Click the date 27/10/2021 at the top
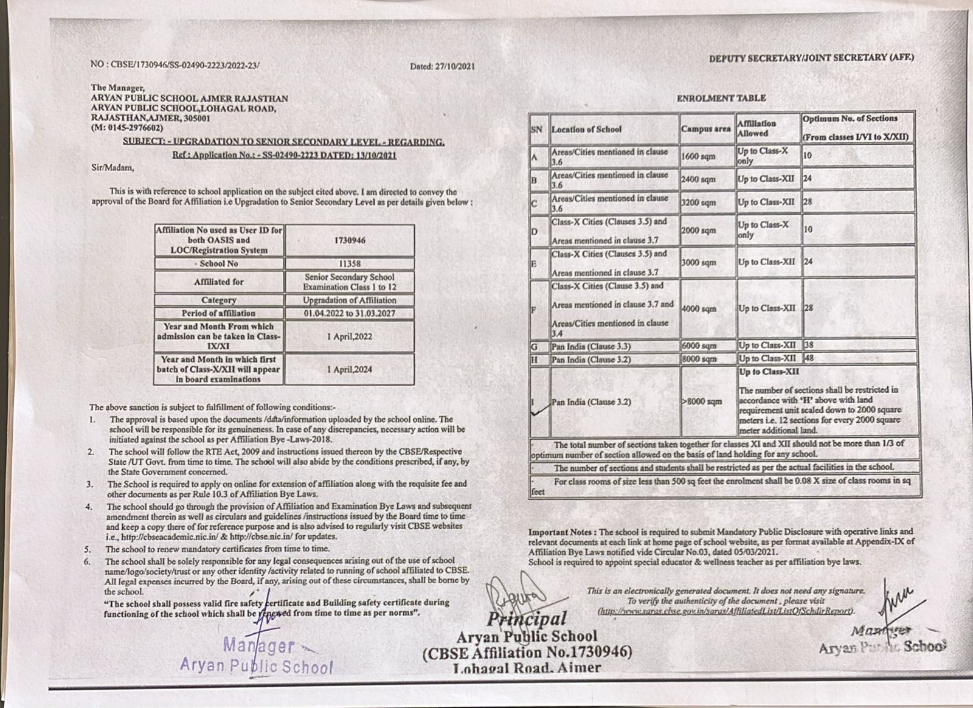point(442,66)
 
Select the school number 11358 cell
point(350,263)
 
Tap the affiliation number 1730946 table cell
point(350,240)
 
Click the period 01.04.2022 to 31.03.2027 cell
point(350,313)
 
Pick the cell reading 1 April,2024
point(350,369)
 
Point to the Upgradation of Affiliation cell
point(350,300)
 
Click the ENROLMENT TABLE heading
point(721,98)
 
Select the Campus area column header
point(705,129)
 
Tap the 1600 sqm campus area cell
point(698,156)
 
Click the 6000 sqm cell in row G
point(699,346)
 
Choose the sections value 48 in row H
point(809,359)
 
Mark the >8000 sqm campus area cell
point(702,401)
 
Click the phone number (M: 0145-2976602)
point(127,128)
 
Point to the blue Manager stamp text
point(259,645)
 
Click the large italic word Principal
point(527,619)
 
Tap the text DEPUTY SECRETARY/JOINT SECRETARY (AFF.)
point(811,58)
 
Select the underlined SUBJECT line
point(283,142)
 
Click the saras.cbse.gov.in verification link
point(725,610)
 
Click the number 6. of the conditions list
point(88,561)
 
